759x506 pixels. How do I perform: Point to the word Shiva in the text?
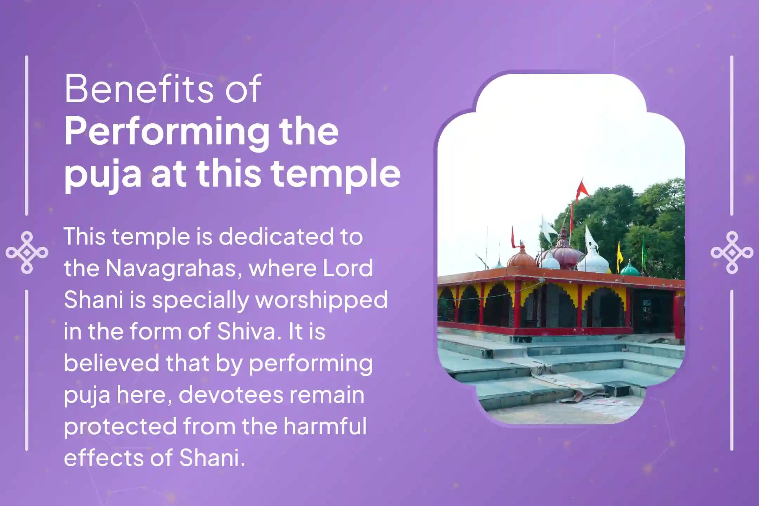pyautogui.click(x=246, y=331)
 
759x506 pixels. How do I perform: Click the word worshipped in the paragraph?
pyautogui.click(x=321, y=300)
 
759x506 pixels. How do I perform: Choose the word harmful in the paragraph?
pyautogui.click(x=325, y=426)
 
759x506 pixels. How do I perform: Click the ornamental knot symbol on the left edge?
pyautogui.click(x=27, y=253)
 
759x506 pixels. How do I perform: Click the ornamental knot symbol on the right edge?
pyautogui.click(x=732, y=253)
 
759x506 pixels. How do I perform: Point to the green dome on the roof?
pyautogui.click(x=630, y=269)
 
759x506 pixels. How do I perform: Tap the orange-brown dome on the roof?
pyautogui.click(x=522, y=258)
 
